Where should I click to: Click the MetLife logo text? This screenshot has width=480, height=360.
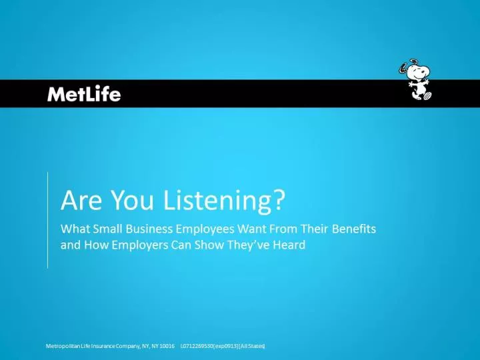84,94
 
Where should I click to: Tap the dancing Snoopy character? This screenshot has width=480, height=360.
415,79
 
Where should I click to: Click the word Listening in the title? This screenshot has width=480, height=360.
217,201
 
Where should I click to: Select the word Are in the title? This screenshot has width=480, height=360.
81,201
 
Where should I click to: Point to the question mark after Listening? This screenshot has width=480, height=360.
279,200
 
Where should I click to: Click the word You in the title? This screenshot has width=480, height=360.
132,201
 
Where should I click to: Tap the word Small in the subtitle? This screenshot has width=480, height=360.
108,229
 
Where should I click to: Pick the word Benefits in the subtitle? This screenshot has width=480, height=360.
354,229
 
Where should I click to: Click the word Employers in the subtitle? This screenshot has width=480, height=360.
139,245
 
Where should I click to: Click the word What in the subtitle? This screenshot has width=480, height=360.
75,229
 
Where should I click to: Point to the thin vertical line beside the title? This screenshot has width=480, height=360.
48,221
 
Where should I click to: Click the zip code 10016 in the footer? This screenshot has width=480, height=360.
167,346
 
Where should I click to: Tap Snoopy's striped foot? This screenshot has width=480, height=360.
427,95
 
